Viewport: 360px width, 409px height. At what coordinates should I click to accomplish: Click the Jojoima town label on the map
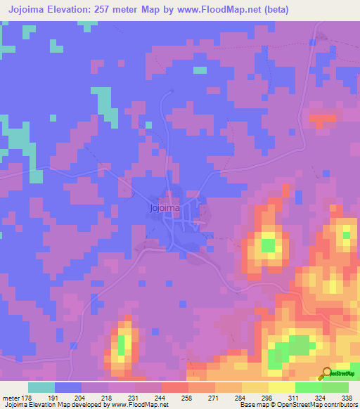(165, 208)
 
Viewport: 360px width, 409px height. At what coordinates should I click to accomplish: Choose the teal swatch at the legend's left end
(41, 387)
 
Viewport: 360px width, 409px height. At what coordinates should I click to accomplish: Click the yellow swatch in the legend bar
(281, 387)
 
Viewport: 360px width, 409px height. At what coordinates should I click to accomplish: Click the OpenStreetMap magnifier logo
(326, 373)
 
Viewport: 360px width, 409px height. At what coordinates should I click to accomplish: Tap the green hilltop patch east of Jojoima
(268, 245)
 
